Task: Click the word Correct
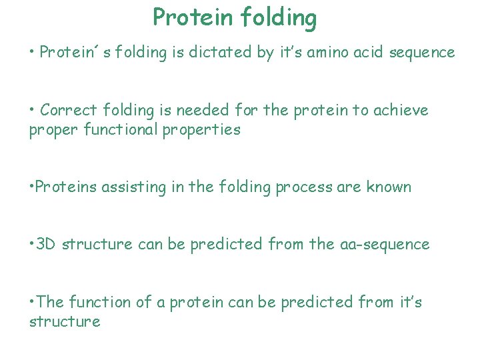69,110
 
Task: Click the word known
389,187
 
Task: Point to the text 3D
47,244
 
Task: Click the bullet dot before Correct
33,110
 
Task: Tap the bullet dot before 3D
32,244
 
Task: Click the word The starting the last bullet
50,302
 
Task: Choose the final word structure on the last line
65,321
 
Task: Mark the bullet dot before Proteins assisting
32,187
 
